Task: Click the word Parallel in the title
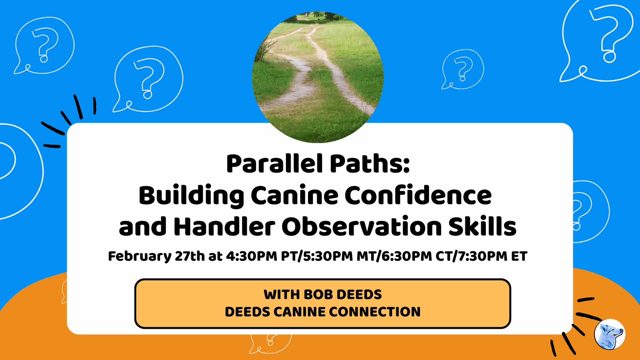click(x=275, y=164)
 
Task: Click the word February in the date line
click(x=140, y=256)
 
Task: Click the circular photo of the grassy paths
click(x=318, y=77)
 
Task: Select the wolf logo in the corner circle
click(x=610, y=334)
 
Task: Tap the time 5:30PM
click(x=328, y=256)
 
